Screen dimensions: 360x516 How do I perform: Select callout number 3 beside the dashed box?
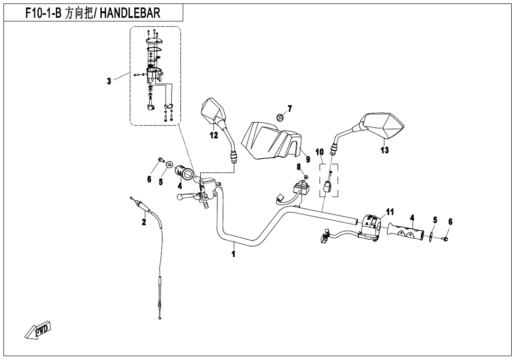coord(109,81)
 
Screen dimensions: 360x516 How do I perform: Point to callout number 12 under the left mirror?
coord(214,135)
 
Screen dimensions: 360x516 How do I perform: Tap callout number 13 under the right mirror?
coord(384,150)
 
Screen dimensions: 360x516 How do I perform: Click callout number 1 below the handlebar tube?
coord(233,254)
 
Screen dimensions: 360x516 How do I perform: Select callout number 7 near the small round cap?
coord(290,108)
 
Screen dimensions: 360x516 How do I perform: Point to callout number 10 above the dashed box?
coord(320,152)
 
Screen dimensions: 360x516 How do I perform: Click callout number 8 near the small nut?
coord(299,167)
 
